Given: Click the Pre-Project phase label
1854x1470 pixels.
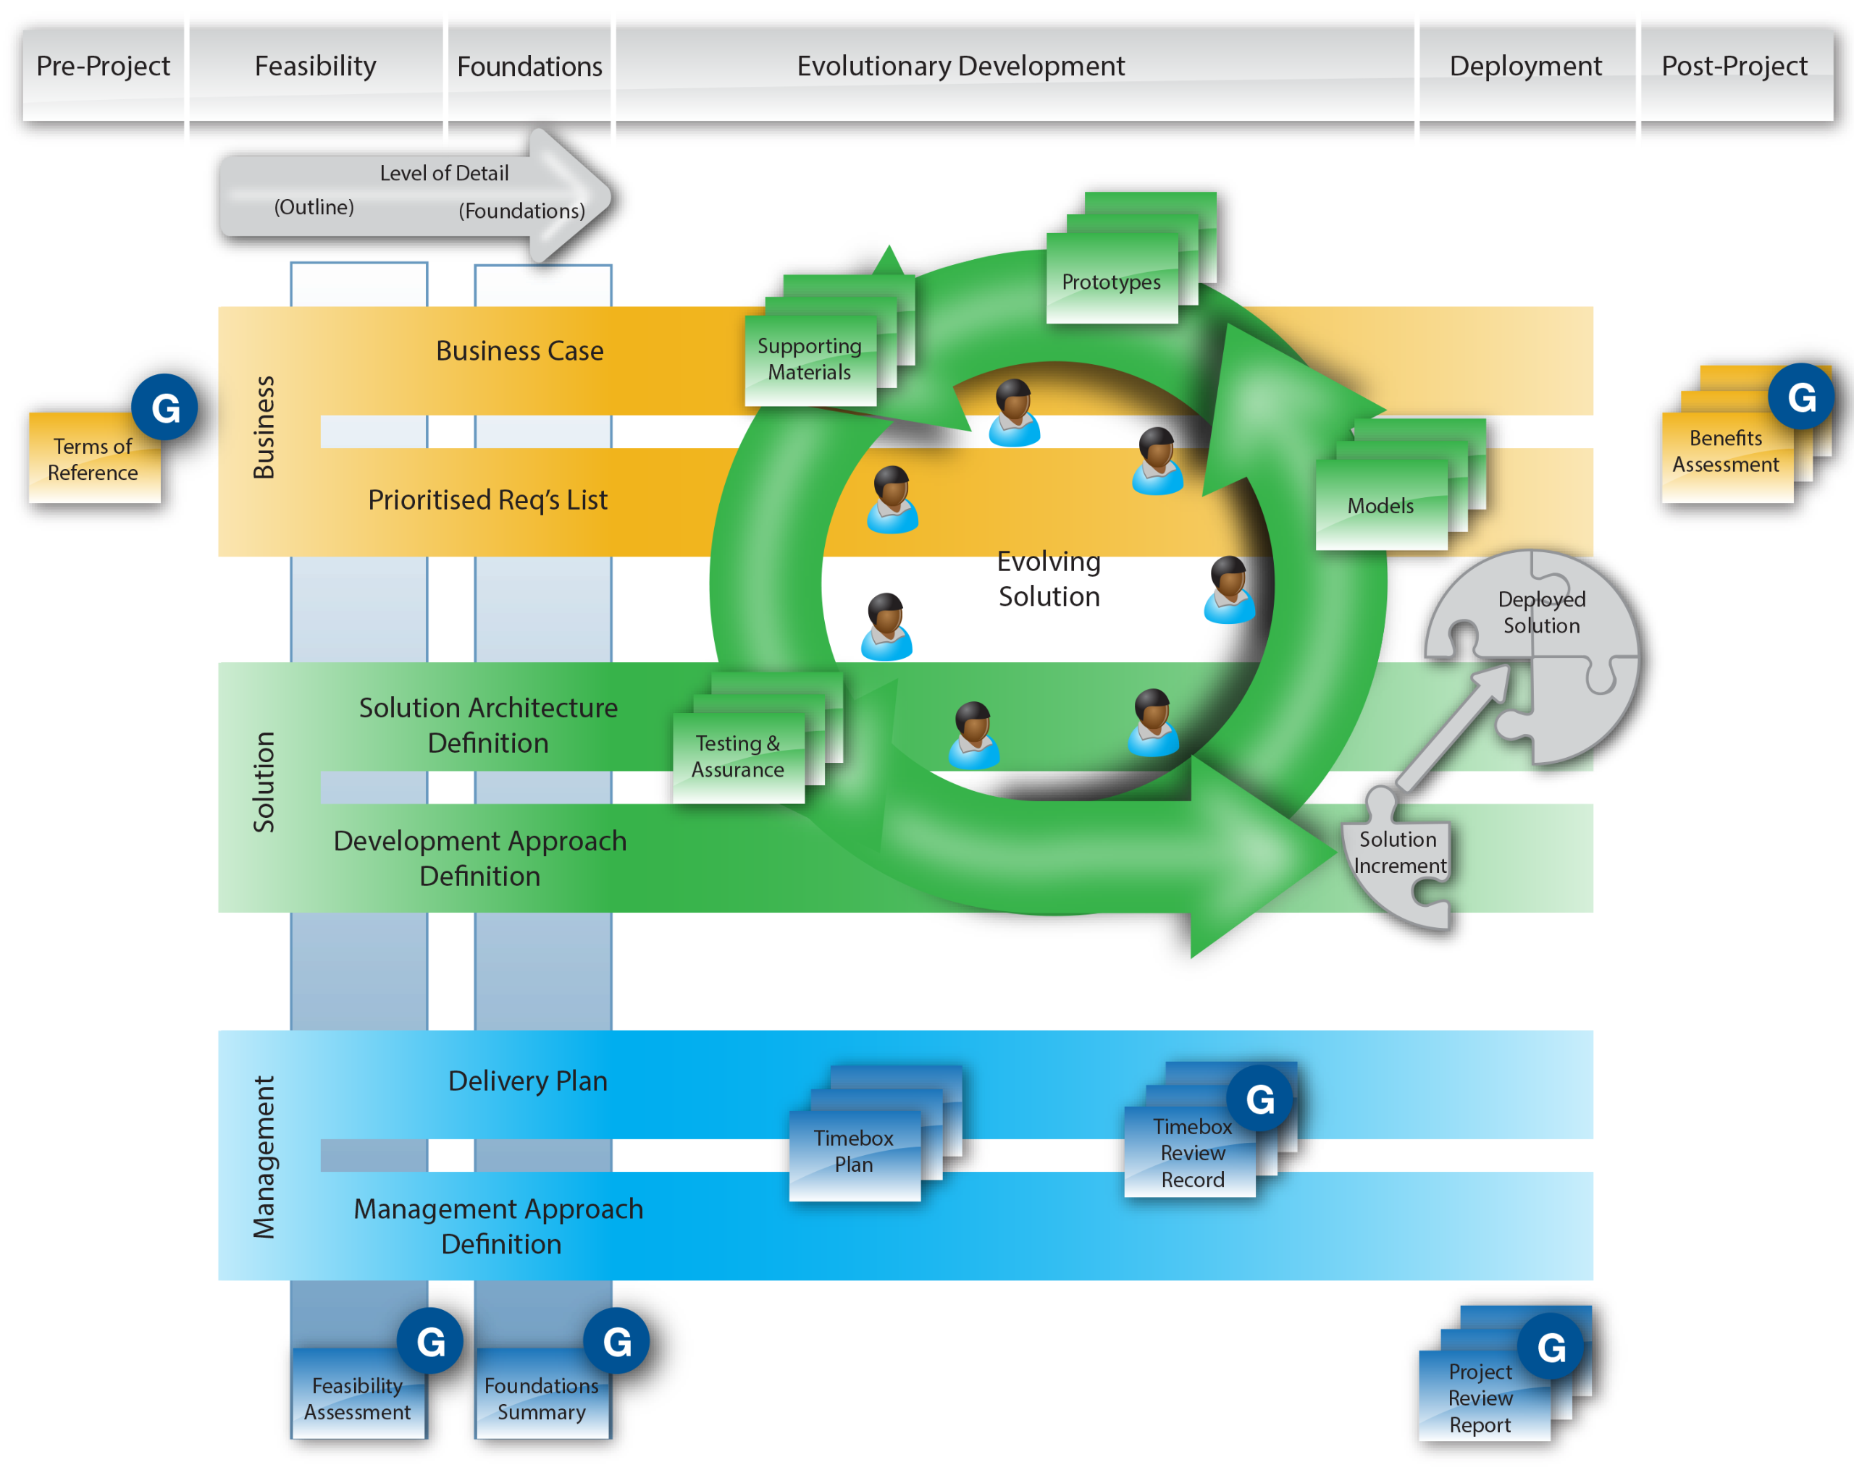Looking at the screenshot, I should click(103, 66).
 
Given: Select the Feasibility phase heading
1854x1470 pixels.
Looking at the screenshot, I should click(315, 66).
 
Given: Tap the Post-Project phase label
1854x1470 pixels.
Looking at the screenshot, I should click(1734, 66).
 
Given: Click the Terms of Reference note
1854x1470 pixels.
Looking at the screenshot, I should click(93, 459).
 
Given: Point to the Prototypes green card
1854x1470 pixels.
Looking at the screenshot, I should click(1111, 282).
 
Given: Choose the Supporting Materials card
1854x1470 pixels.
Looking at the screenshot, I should click(809, 359).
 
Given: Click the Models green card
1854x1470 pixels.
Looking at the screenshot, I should click(1380, 505).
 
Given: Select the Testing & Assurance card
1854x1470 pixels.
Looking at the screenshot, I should click(738, 756).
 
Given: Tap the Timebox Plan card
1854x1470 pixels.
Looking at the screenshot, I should click(854, 1152).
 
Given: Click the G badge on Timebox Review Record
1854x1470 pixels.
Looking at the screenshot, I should click(1260, 1099).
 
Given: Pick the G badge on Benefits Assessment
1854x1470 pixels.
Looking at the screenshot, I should click(1802, 397).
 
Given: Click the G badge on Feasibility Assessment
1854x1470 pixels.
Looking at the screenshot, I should click(430, 1342).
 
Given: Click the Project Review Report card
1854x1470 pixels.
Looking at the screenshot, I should click(1480, 1398).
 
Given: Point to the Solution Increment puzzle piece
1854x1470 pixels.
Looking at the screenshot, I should click(1399, 853).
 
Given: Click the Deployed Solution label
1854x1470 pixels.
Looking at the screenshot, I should click(1542, 612).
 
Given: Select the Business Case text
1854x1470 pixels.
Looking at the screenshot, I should click(519, 351).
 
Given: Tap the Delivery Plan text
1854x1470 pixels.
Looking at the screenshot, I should click(527, 1081).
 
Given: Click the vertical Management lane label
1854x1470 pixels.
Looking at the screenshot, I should click(263, 1157).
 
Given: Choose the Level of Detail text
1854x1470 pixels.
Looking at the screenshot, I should click(444, 174).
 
